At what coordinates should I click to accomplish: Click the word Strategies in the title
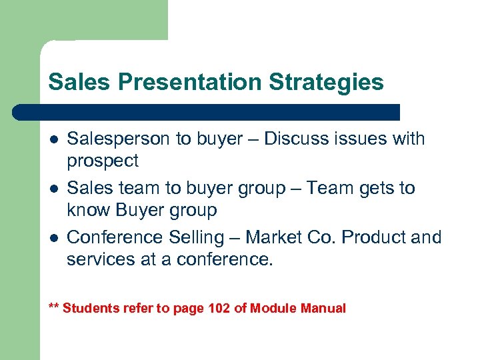coord(327,83)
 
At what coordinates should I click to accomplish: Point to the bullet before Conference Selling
coord(53,238)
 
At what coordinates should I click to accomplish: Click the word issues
coord(356,139)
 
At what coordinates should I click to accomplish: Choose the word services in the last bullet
coord(99,259)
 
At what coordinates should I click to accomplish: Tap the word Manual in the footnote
coord(323,308)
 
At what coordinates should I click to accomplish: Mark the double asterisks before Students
coord(54,307)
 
